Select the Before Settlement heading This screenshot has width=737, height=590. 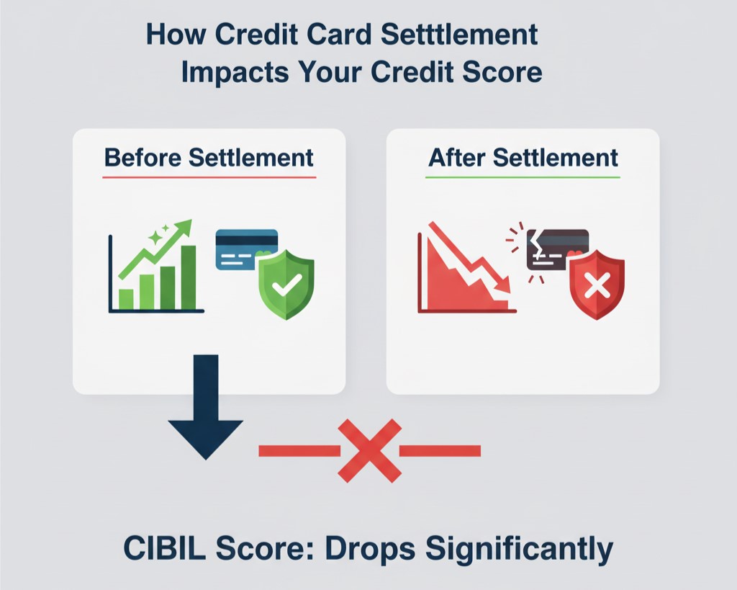[x=209, y=157]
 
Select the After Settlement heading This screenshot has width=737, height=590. [x=523, y=157]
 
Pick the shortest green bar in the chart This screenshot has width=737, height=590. [x=126, y=298]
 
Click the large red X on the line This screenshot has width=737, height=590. [x=369, y=451]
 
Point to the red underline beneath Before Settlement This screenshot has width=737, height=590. [x=209, y=176]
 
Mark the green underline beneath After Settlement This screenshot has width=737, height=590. [x=523, y=176]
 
